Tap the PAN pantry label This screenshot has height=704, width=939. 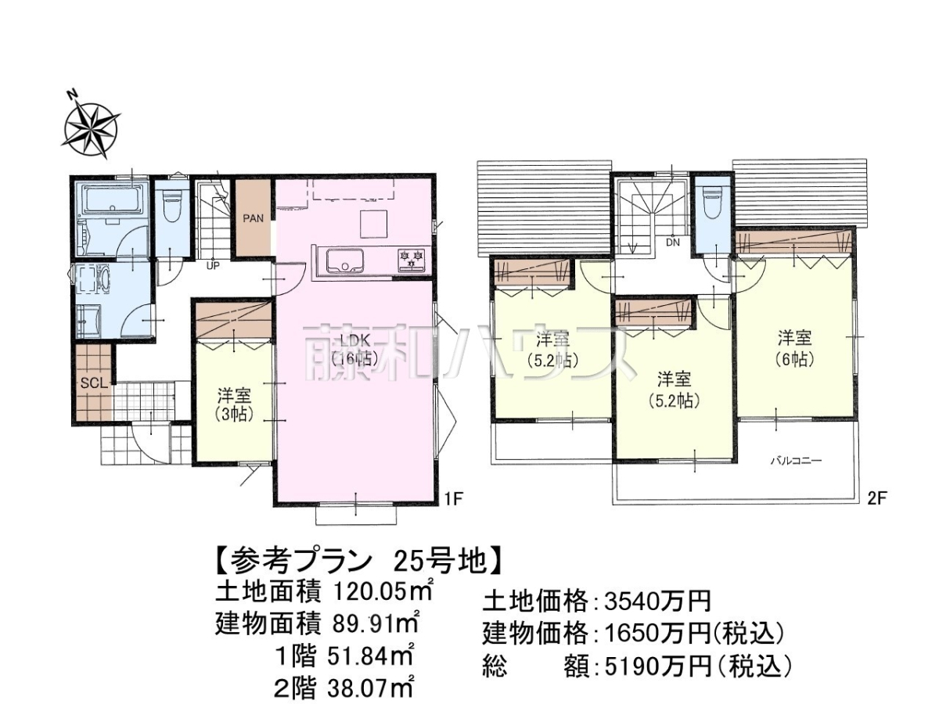coord(254,218)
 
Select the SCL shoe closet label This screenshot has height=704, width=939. coord(93,383)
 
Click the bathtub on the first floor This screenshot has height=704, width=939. coord(113,200)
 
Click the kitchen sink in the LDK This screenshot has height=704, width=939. coord(345,260)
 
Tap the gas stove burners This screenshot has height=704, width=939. coord(412,260)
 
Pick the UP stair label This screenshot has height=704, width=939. coord(213,266)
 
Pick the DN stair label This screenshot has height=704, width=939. coord(673,242)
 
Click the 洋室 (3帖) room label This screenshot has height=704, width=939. coord(234,404)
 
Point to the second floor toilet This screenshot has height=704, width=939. coord(712,205)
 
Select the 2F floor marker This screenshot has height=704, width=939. coord(876,499)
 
